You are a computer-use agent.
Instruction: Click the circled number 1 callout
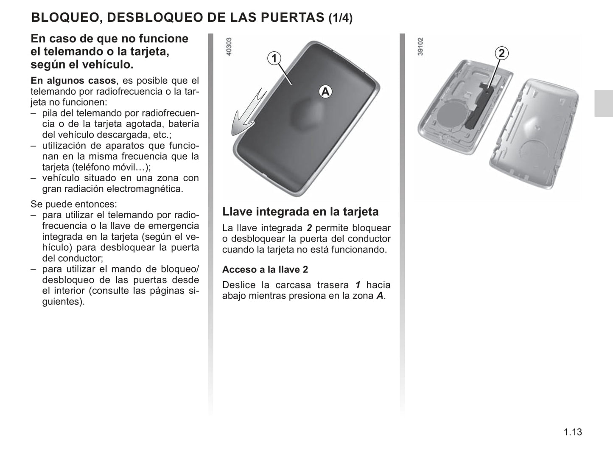[274, 59]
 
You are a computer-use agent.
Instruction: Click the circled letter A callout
[325, 92]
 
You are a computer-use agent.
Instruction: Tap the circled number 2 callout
[501, 53]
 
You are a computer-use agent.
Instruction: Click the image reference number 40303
[229, 46]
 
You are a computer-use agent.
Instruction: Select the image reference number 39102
[420, 46]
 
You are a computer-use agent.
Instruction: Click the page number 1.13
[573, 432]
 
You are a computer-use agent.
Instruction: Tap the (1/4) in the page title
[341, 18]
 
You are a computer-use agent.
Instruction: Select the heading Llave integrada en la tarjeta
[300, 212]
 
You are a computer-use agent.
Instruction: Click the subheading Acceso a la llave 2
[265, 269]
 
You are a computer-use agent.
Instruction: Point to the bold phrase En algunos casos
[73, 81]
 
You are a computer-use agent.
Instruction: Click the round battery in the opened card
[451, 116]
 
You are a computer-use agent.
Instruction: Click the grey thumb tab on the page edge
[604, 103]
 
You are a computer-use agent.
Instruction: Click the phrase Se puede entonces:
[74, 205]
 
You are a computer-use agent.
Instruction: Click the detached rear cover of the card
[534, 135]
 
